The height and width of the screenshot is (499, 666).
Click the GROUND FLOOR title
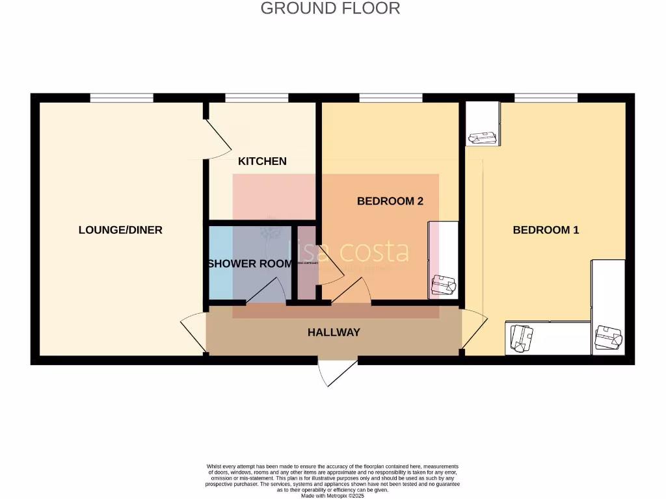(330, 8)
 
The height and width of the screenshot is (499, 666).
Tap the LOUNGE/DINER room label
(120, 230)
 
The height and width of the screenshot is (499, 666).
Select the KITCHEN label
(262, 161)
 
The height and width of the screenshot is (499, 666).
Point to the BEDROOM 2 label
(390, 201)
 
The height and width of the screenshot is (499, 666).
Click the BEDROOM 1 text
(546, 230)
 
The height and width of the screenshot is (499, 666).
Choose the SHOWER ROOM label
(250, 264)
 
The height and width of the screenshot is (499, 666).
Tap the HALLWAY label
(334, 333)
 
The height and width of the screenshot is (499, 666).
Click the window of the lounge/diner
(122, 98)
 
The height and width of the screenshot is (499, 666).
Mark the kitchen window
(257, 98)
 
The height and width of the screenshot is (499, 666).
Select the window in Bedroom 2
(390, 98)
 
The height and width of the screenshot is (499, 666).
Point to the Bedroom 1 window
(546, 98)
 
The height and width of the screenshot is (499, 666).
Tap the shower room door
(267, 291)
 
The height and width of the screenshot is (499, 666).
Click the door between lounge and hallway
(193, 332)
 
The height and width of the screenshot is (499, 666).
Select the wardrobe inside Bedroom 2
(443, 260)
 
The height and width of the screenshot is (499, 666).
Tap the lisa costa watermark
(349, 251)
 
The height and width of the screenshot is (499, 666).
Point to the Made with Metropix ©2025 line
(332, 496)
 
